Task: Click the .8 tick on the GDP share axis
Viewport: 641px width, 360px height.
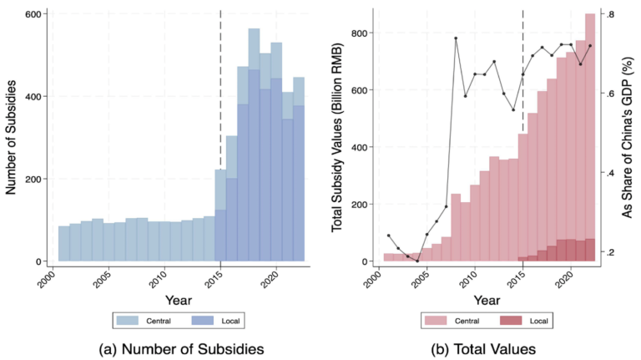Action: pyautogui.click(x=611, y=15)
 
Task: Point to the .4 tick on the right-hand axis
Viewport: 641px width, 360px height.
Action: pyautogui.click(x=611, y=173)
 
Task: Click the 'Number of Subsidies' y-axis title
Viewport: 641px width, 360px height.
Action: pyautogui.click(x=13, y=138)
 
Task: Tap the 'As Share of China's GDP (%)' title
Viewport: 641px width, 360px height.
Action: pyautogui.click(x=632, y=138)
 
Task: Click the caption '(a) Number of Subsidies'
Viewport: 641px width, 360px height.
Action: pyautogui.click(x=162, y=344)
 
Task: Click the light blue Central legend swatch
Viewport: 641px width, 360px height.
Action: pyautogui.click(x=123, y=319)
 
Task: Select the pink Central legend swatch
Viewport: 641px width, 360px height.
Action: pyautogui.click(x=435, y=319)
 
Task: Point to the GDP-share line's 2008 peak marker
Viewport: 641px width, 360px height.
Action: pyautogui.click(x=456, y=38)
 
